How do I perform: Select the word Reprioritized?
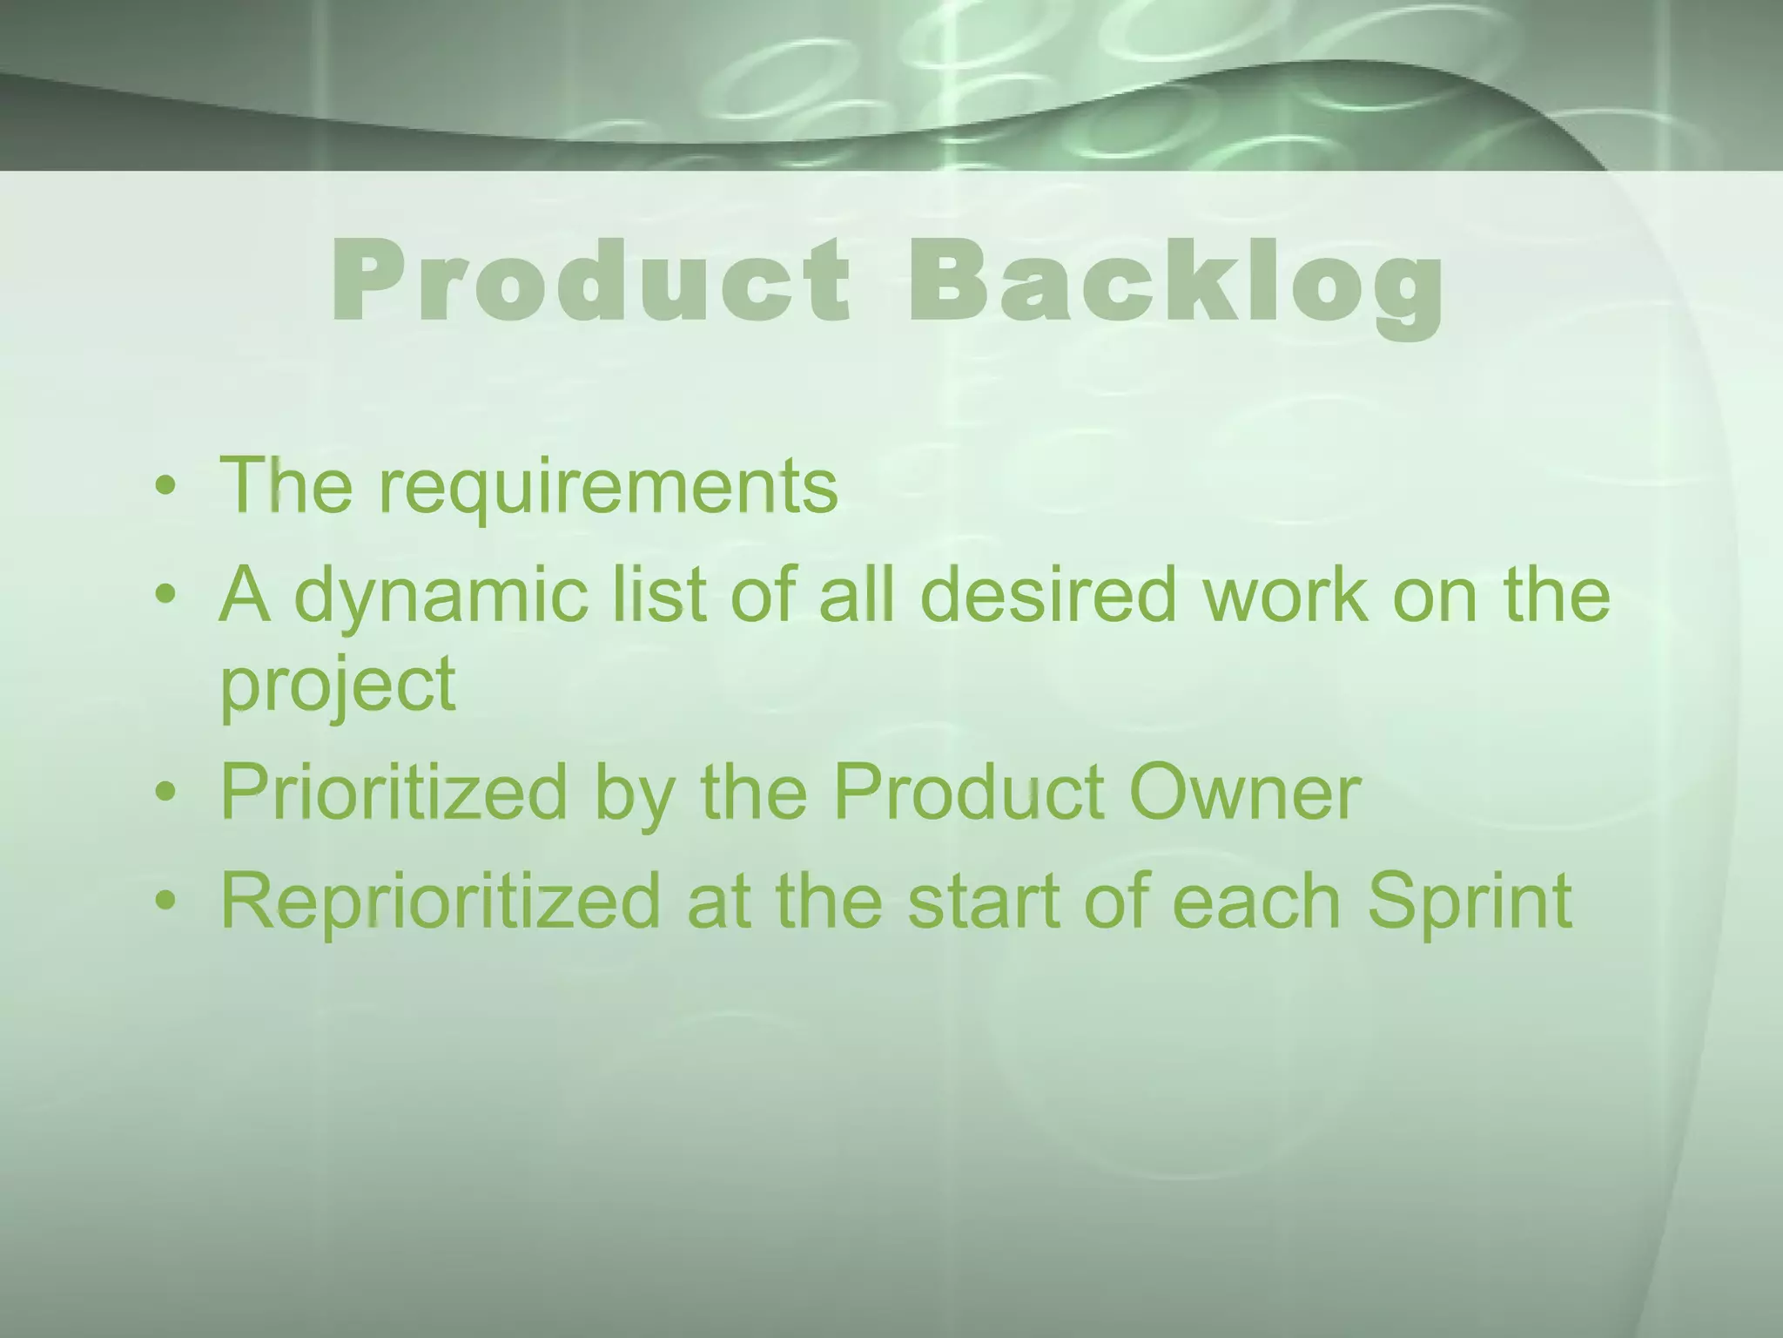tap(441, 902)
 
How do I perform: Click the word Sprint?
tap(1470, 902)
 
